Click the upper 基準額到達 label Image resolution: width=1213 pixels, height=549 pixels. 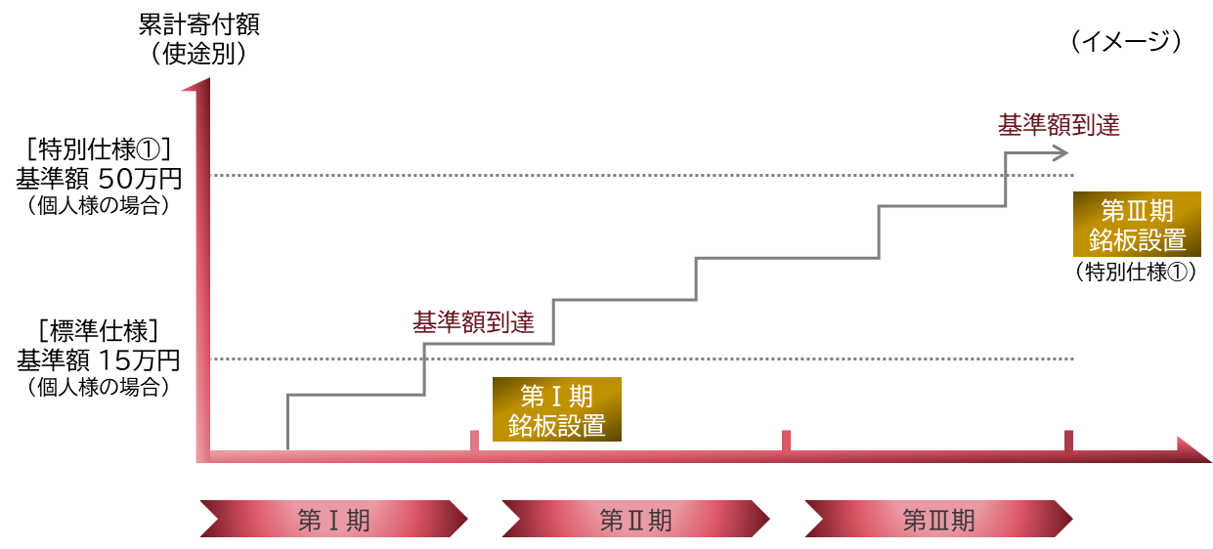[1058, 126]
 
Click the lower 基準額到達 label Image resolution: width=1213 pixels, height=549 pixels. [473, 323]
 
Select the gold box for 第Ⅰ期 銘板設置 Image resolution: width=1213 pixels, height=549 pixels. [557, 409]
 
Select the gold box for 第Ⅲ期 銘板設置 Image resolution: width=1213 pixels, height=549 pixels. [1137, 225]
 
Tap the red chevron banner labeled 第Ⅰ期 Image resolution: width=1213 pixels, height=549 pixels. [333, 519]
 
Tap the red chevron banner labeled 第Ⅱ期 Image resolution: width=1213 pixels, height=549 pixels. [635, 519]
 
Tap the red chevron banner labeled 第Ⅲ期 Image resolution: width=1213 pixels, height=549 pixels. [938, 519]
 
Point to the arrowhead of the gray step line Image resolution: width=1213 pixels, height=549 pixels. [1062, 152]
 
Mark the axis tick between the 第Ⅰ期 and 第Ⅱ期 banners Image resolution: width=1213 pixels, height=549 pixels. [474, 441]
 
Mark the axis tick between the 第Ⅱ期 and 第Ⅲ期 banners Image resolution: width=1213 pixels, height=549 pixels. [786, 441]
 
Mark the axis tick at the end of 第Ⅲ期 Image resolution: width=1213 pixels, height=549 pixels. [1068, 441]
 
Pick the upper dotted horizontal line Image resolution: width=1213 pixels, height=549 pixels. [635, 176]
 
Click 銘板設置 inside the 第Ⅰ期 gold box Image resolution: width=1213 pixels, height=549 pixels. [557, 425]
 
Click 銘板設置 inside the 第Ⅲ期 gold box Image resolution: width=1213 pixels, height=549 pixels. [1137, 240]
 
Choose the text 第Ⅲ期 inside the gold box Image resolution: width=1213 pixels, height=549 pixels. [1137, 211]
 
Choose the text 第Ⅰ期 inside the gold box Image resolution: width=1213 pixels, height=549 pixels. [557, 396]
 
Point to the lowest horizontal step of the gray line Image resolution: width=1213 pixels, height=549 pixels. [356, 395]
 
